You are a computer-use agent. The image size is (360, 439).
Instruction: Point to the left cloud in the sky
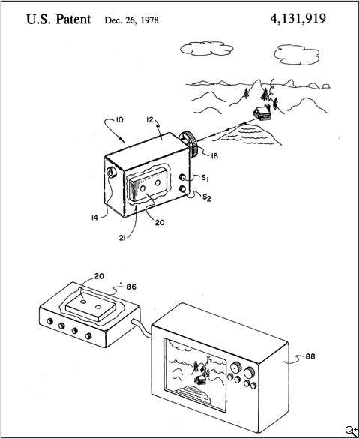[205, 47]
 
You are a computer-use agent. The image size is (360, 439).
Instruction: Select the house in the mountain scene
[262, 113]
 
